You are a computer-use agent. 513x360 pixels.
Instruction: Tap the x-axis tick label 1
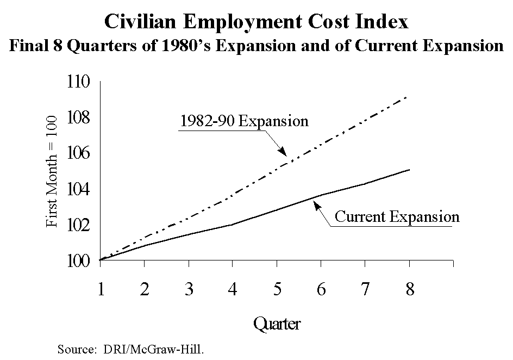101,288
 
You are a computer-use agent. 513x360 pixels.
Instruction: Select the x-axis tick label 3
189,288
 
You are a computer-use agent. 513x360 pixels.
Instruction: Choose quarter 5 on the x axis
277,288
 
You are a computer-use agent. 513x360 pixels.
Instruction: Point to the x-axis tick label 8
409,288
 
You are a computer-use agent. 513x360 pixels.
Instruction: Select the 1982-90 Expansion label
243,120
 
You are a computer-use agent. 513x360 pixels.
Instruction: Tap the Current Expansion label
397,216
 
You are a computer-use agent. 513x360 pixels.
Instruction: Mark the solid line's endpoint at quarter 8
409,170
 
